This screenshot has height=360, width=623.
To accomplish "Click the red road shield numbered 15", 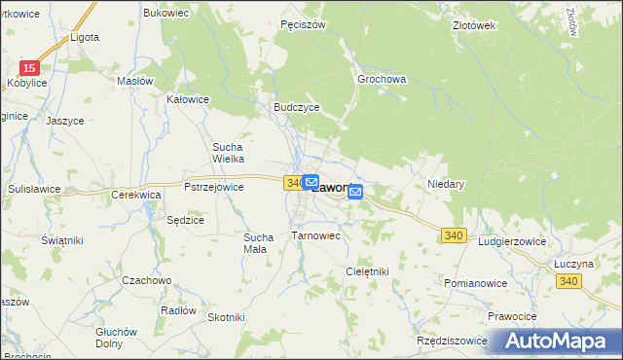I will [x=31, y=67].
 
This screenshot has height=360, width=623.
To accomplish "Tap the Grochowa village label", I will [x=382, y=78].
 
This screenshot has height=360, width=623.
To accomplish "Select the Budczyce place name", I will [x=296, y=108].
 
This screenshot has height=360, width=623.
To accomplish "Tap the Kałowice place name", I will [x=189, y=99].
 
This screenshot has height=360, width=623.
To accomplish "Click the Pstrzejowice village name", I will [x=213, y=187].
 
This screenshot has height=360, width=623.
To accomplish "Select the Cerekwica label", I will [x=135, y=194].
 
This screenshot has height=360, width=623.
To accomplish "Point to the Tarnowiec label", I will [x=315, y=235].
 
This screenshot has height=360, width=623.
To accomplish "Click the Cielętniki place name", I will [x=367, y=271].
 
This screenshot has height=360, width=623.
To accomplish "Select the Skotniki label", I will [x=226, y=317].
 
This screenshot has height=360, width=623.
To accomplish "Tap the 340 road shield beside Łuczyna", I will [x=569, y=280].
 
